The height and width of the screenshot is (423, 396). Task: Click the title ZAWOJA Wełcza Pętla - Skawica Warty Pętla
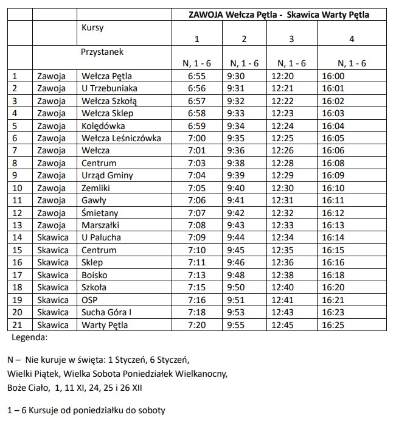pos(279,14)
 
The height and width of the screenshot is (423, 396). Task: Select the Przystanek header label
pos(102,52)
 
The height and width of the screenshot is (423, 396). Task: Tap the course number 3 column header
pos(291,39)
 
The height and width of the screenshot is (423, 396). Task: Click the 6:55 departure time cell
pos(196,76)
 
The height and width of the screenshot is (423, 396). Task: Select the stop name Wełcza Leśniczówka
pos(121,138)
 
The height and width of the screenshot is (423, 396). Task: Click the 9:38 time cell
pos(244,163)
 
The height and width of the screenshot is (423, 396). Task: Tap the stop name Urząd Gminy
pos(107,176)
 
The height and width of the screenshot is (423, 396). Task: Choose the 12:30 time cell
pos(291,188)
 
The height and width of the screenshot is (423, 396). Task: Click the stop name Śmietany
pos(100,213)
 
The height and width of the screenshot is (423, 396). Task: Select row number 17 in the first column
pos(18,275)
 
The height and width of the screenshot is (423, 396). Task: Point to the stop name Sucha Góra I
pos(106,312)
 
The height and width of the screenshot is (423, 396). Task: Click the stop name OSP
pos(89,300)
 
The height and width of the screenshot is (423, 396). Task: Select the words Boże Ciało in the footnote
pos(27,386)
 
